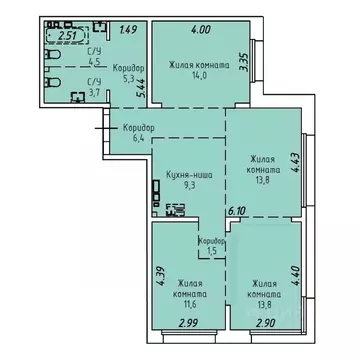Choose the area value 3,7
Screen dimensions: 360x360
click(x=96, y=92)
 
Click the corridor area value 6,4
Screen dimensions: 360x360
click(x=136, y=139)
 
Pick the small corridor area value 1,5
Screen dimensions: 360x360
click(x=208, y=252)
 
